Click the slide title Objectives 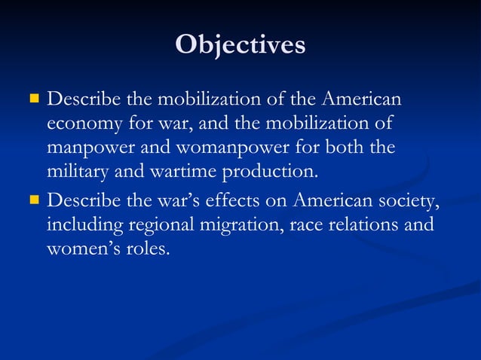click(x=240, y=44)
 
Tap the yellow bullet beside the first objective click(x=33, y=99)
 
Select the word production click(x=268, y=171)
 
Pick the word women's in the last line click(x=84, y=249)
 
